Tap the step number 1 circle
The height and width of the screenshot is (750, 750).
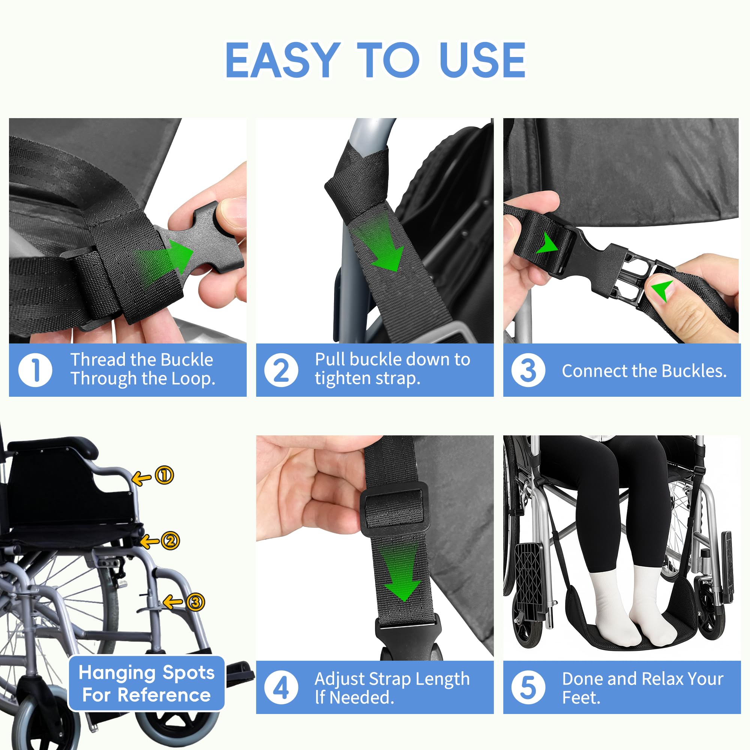coord(35,370)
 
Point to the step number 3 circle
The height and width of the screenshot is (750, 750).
coord(528,370)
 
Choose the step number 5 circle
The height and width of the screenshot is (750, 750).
coord(528,687)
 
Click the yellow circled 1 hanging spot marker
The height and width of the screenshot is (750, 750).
coord(164,475)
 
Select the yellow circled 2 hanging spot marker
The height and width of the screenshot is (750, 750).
coord(170,541)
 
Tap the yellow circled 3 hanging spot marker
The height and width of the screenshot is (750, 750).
coord(195,602)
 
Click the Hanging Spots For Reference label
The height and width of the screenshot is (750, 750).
coord(146,683)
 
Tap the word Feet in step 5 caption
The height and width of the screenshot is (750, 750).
coord(580,697)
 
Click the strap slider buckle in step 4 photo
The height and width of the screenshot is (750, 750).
coord(395,508)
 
